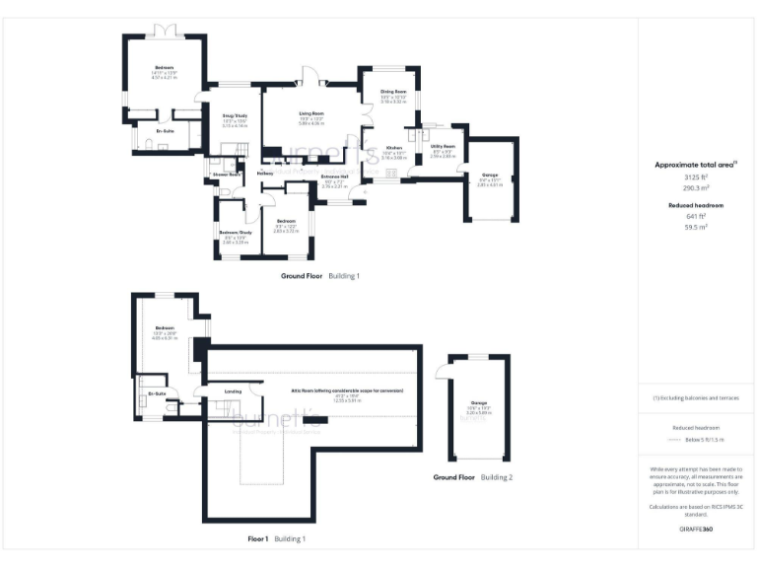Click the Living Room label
311,113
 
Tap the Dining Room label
393,92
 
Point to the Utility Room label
442,145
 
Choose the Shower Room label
228,175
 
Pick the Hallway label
264,175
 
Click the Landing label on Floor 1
234,391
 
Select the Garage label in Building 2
479,403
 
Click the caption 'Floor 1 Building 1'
276,539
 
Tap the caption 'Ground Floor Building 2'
472,477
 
